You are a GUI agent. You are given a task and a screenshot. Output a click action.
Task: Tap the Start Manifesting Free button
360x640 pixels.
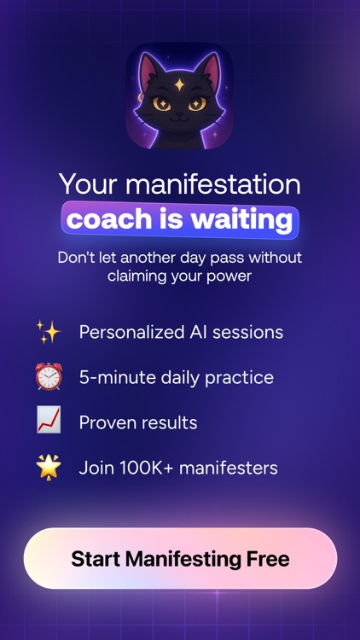[x=180, y=560]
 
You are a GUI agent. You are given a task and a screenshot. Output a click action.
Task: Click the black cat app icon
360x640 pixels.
[x=179, y=96]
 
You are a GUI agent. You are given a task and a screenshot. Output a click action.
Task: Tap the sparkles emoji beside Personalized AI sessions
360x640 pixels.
[x=48, y=331]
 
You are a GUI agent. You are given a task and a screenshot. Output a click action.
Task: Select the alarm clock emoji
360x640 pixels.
[x=48, y=376]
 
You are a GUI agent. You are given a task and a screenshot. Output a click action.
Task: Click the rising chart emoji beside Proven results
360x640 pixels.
[x=48, y=422]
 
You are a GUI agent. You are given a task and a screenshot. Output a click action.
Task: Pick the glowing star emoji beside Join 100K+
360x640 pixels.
[x=48, y=467]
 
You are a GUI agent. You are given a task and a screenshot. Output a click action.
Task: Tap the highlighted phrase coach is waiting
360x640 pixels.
[x=180, y=219]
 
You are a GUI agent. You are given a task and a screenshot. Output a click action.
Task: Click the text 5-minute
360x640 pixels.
[x=113, y=377]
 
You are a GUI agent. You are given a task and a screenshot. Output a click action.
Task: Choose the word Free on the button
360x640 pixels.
[x=265, y=560]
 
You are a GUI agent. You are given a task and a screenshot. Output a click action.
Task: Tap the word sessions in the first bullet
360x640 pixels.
[x=252, y=332]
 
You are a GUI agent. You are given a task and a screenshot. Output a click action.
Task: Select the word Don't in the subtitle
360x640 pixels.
[x=75, y=257]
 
